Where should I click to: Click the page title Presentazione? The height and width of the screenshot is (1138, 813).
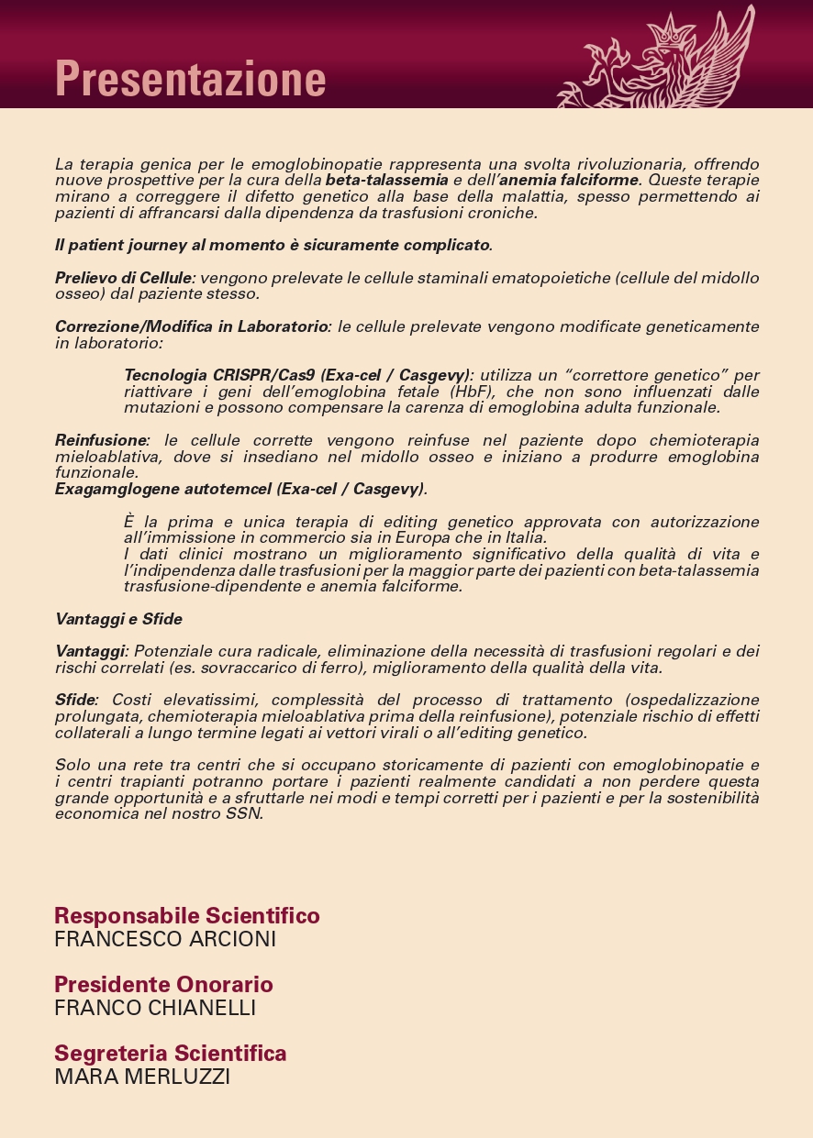coord(190,79)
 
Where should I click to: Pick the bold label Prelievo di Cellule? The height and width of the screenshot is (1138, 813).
coord(123,278)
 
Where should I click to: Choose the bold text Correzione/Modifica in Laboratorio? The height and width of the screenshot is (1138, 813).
coord(192,326)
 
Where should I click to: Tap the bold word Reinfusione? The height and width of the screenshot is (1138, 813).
coord(101,440)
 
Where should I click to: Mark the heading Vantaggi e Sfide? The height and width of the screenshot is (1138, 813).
coord(118,619)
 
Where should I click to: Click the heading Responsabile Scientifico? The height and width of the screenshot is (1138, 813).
coord(187,916)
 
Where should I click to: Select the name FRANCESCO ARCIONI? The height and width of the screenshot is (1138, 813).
coord(165,940)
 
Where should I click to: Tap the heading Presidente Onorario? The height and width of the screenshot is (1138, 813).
coord(163,985)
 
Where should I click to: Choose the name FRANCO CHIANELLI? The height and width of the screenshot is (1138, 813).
coord(155,1009)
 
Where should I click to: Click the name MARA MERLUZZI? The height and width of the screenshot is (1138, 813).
coord(142,1077)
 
